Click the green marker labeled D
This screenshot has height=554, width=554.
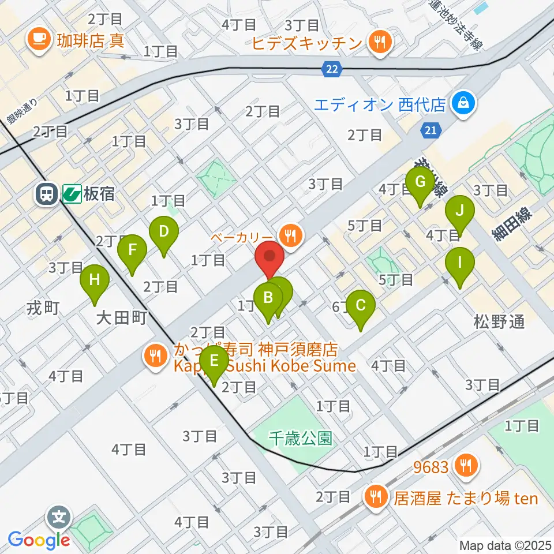pyautogui.click(x=164, y=233)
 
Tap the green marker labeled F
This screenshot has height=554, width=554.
pyautogui.click(x=132, y=250)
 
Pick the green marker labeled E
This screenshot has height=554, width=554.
pyautogui.click(x=214, y=361)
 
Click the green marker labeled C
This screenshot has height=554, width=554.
pyautogui.click(x=361, y=304)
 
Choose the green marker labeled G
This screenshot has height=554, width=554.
pyautogui.click(x=420, y=182)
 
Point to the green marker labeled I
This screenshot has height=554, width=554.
pyautogui.click(x=460, y=263)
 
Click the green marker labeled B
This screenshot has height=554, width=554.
pyautogui.click(x=268, y=298)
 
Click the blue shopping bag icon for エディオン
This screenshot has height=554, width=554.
pyautogui.click(x=462, y=104)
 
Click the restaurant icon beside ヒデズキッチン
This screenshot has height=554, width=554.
pyautogui.click(x=380, y=42)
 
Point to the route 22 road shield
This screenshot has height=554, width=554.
pyautogui.click(x=331, y=69)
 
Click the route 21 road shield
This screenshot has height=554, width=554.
pyautogui.click(x=430, y=130)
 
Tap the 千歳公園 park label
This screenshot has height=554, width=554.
pyautogui.click(x=301, y=438)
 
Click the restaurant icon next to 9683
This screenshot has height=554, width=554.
pyautogui.click(x=466, y=466)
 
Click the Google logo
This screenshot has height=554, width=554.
pyautogui.click(x=39, y=540)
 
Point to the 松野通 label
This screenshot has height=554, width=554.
pyautogui.click(x=500, y=322)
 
